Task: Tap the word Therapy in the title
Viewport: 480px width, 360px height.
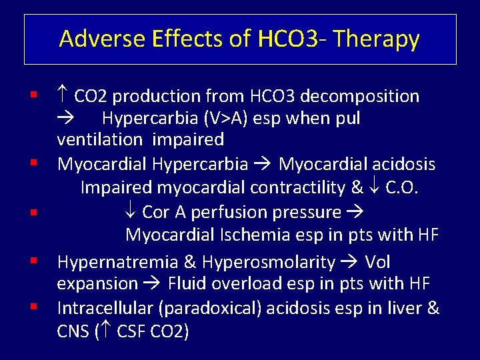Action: click(x=377, y=40)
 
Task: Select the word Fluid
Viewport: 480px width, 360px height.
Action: click(x=187, y=284)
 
